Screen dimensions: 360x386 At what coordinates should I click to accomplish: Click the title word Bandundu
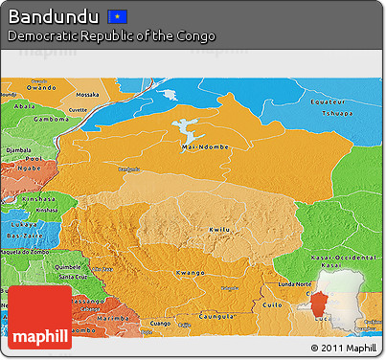coord(53,16)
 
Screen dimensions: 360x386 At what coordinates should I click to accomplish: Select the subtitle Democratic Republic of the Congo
coord(111,35)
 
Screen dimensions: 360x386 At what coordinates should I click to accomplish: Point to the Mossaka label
coord(87,95)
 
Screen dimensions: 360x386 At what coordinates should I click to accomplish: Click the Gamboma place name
coord(50,119)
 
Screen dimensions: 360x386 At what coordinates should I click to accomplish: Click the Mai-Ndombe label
coord(201,147)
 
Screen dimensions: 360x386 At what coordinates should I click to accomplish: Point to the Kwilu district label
coord(219,230)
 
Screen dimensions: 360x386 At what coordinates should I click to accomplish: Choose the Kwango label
coord(190,273)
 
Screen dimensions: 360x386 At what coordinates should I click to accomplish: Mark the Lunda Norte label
coord(294,284)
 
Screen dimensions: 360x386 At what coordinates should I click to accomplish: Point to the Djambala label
coord(18,150)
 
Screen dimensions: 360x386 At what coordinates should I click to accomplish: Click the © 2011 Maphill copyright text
coord(344,347)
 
